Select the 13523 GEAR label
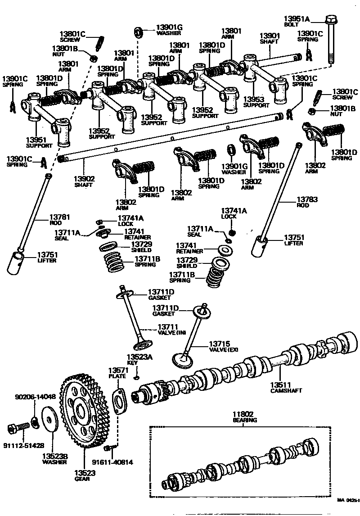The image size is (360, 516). click(x=83, y=475)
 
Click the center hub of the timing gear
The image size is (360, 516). click(x=82, y=411)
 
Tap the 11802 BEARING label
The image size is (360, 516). click(x=244, y=416)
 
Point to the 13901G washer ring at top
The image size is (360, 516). click(x=139, y=32)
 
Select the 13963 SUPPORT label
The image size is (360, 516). click(x=256, y=102)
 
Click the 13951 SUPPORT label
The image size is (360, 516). click(x=39, y=142)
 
